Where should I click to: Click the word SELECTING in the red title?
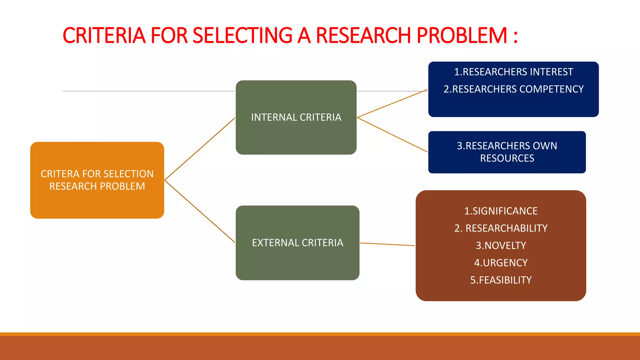(242, 35)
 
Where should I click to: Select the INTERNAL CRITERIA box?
(296, 117)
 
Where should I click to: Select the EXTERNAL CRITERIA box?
(297, 242)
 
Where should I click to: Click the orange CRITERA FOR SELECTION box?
(97, 180)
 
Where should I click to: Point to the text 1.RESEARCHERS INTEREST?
(513, 72)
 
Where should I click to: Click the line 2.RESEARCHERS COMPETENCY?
(513, 89)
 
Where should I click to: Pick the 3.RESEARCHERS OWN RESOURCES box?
(507, 152)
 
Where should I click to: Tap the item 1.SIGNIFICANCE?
(501, 211)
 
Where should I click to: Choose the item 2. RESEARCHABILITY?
(501, 228)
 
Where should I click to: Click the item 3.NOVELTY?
(501, 245)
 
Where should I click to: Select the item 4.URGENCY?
(501, 262)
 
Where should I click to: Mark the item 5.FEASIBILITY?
(501, 280)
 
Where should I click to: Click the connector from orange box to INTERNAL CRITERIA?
(200, 149)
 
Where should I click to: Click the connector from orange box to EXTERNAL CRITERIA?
(200, 211)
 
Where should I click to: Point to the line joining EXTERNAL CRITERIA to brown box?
(387, 244)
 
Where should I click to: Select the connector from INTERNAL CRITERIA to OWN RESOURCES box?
(392, 135)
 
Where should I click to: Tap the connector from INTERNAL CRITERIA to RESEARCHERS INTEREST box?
(392, 103)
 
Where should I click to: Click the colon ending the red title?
(515, 37)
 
